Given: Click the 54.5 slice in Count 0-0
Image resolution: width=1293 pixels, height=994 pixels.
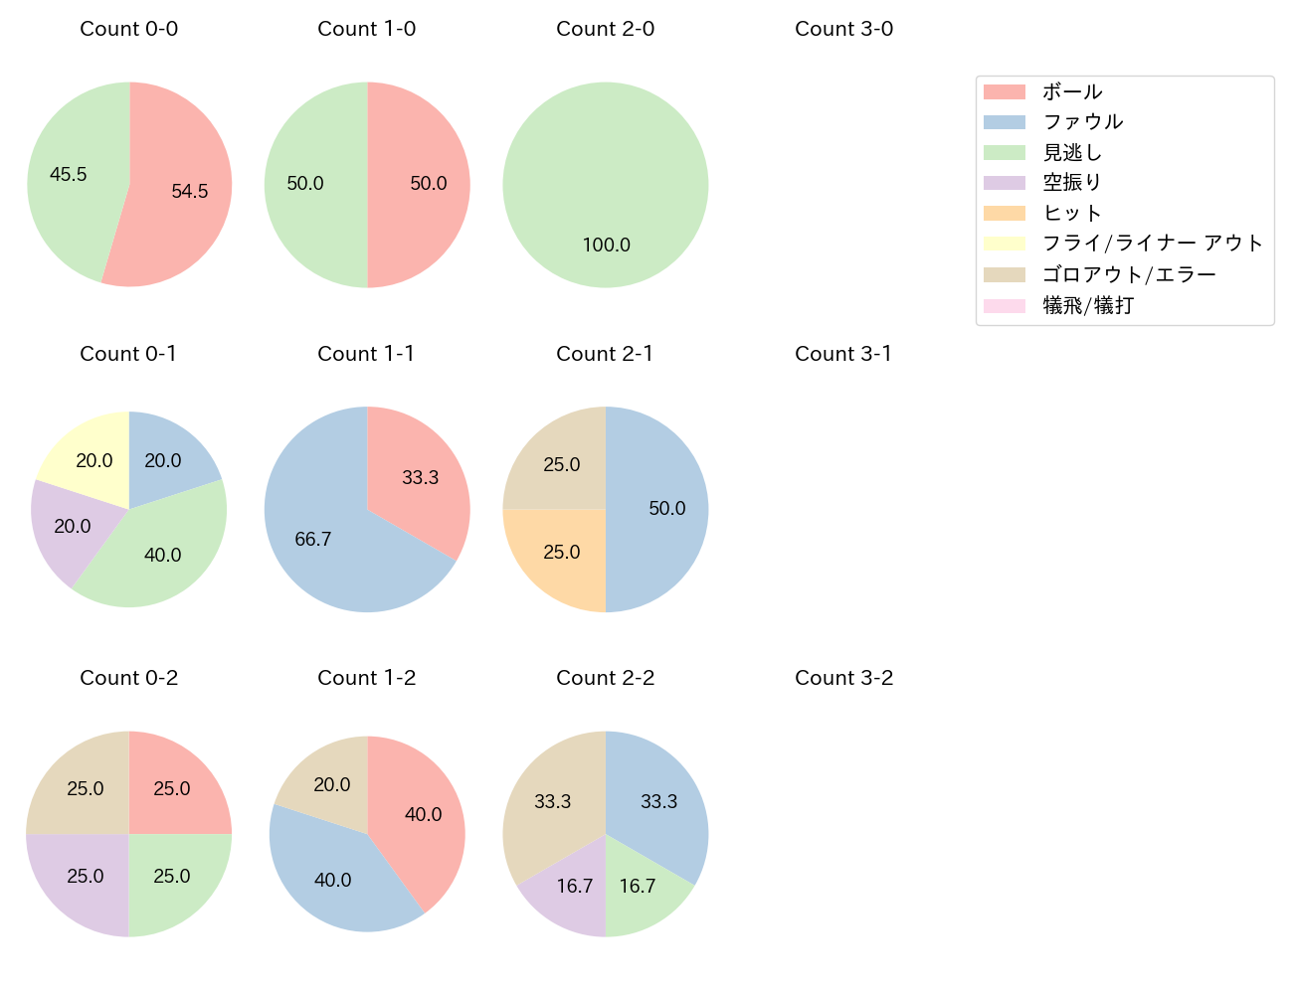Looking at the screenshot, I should pos(184,189).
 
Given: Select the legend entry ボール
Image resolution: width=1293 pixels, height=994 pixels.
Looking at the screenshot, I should pos(1072,91).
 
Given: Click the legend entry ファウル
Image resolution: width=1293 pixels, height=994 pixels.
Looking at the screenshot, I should pos(1082,122).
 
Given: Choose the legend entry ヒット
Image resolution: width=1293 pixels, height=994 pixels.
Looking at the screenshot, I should pos(1072,214).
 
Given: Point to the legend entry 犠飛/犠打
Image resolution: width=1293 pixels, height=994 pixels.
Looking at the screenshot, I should pos(1088,305).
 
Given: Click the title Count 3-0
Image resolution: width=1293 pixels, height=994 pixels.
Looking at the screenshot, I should pos(843,29).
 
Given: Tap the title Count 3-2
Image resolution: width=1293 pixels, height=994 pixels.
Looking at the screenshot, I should pos(843,678).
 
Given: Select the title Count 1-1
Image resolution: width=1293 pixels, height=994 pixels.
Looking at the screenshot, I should pos(366,354).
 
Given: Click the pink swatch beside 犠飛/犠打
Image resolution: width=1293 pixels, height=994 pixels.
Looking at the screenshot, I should pos(1004,305).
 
